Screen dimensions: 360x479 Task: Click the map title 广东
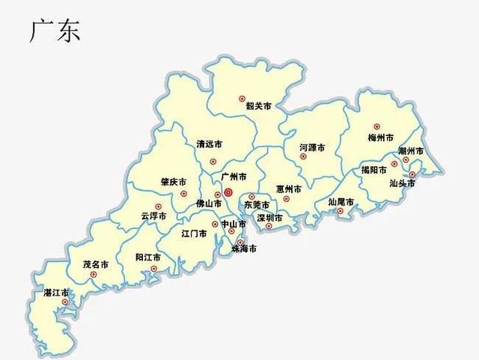tap(55, 31)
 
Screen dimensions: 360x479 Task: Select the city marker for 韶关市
tap(242, 98)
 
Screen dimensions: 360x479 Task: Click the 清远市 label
tap(209, 144)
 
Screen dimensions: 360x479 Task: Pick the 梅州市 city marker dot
tap(376, 126)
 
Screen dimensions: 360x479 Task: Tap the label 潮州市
tap(411, 151)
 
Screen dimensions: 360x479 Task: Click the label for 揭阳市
tap(373, 170)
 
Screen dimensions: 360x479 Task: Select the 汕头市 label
tap(402, 183)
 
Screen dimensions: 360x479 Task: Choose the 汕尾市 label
tap(341, 201)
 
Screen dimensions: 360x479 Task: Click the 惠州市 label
tap(289, 189)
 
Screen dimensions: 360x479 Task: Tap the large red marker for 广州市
tap(228, 192)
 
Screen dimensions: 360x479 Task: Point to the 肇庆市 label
tap(173, 182)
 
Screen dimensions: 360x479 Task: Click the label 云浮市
tap(153, 216)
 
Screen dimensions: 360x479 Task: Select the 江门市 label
tap(194, 234)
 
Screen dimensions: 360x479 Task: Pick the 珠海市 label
tap(244, 248)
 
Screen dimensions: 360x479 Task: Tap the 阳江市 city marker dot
tap(153, 269)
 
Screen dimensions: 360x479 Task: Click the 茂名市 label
tap(96, 264)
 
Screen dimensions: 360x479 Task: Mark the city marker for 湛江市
tap(65, 302)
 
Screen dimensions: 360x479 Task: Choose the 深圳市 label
tap(269, 218)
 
